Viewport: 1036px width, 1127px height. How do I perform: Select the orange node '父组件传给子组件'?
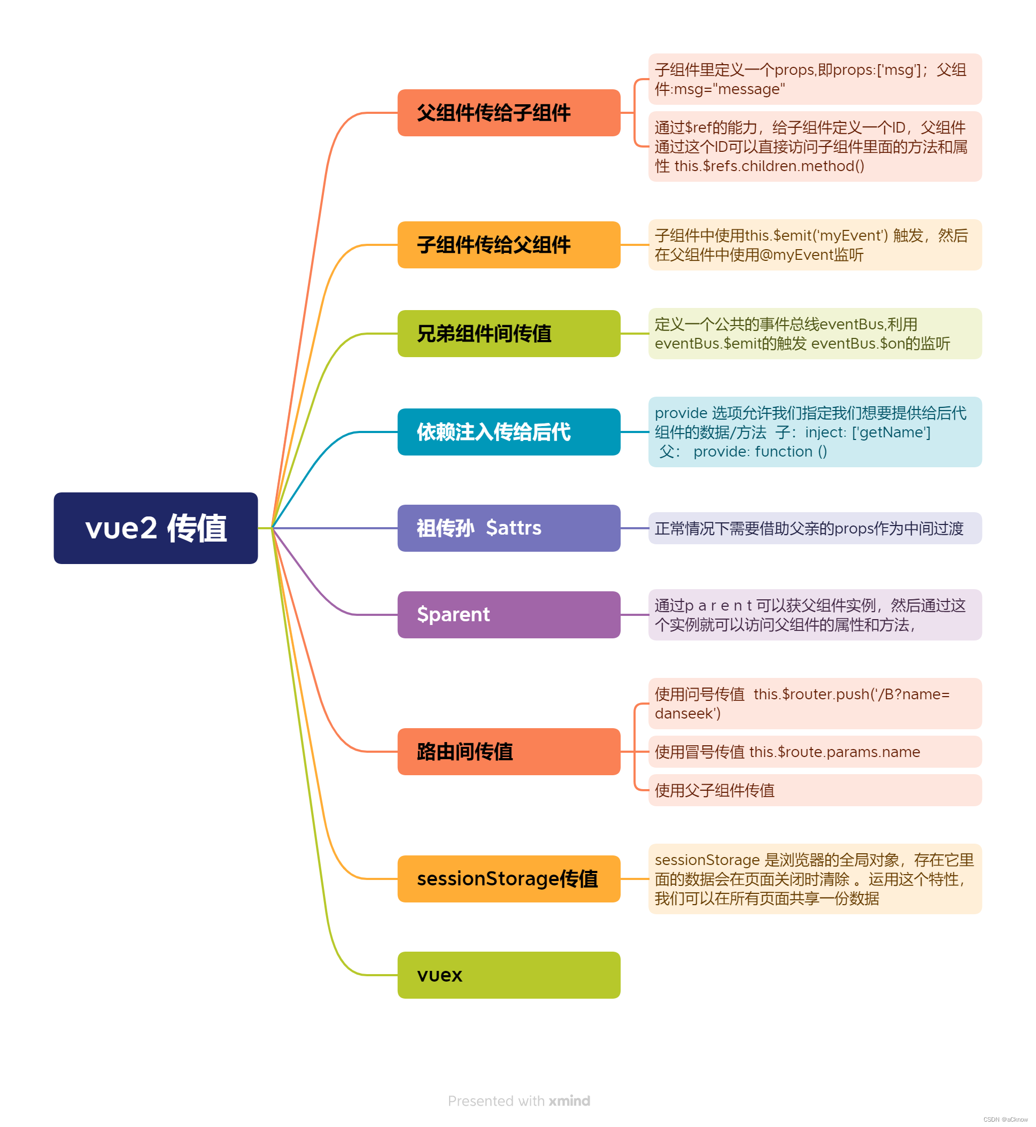(x=508, y=113)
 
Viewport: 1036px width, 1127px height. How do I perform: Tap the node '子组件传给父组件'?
(x=508, y=245)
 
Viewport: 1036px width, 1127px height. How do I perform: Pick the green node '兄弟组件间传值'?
(x=508, y=334)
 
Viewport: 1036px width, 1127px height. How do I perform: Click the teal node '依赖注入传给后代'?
(x=508, y=432)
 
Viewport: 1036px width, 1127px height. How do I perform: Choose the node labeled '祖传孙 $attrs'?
(x=508, y=528)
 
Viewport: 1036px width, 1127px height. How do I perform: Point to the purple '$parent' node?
(x=508, y=614)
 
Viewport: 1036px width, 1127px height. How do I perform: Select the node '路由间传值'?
(x=508, y=751)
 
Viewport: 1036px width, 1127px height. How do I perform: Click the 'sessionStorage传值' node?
(x=508, y=878)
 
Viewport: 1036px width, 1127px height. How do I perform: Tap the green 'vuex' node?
(x=508, y=975)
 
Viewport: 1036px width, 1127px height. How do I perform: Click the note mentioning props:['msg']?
(x=815, y=79)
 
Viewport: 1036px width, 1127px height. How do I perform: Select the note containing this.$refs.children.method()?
(x=815, y=146)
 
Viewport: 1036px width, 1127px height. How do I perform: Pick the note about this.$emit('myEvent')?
(x=815, y=245)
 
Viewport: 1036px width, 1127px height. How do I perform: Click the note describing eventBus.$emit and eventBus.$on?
(x=815, y=334)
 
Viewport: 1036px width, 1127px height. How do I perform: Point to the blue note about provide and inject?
(x=815, y=432)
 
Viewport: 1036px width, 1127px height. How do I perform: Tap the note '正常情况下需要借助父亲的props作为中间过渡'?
(x=815, y=528)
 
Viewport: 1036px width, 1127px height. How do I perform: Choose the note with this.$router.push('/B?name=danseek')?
(x=815, y=703)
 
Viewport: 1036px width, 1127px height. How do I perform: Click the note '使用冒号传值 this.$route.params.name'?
(x=815, y=751)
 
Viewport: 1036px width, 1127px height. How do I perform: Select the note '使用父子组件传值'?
(x=815, y=790)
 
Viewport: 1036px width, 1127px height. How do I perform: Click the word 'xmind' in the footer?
(x=569, y=1101)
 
